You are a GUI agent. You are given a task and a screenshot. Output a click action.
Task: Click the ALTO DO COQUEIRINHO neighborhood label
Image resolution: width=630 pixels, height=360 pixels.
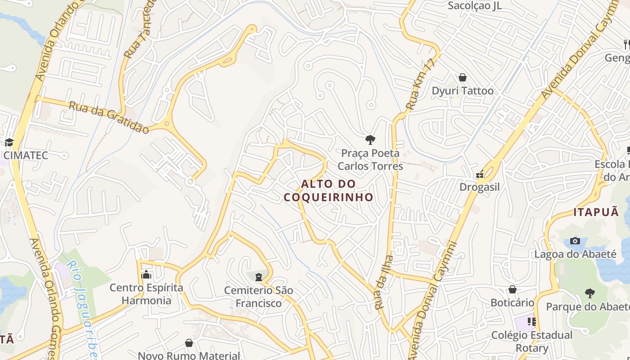pos(328,190)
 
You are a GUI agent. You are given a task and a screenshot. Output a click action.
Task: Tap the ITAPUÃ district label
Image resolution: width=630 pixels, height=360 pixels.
pos(596,212)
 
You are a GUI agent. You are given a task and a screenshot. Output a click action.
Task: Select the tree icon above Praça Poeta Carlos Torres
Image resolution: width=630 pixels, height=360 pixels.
pos(370,139)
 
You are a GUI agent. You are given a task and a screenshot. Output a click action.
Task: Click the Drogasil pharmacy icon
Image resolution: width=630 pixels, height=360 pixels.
pos(480,174)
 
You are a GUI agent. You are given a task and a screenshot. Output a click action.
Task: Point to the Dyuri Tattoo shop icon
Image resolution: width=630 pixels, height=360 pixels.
pos(462,77)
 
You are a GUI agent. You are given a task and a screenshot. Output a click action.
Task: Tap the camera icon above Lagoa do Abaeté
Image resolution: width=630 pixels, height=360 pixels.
pos(575,241)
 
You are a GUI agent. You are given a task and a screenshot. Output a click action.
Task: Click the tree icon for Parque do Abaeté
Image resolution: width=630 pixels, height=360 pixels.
pos(589,293)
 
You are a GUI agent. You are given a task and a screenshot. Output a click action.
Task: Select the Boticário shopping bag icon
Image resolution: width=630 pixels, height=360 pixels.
pos(512,289)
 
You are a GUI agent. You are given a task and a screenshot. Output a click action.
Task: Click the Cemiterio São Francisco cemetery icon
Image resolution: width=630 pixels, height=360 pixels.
pos(259,277)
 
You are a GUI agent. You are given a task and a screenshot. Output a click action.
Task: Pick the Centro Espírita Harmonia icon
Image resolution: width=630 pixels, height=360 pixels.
pos(146,274)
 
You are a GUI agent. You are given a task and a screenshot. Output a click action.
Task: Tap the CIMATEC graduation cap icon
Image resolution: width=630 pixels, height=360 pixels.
pos(9,143)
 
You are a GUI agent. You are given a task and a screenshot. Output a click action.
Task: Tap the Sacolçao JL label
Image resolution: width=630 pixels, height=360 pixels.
pos(475,6)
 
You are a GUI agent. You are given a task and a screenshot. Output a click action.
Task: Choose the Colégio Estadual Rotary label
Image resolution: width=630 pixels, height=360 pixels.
pos(531,342)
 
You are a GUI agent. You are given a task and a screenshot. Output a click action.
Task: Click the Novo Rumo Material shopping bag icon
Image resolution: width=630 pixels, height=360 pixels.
pos(189,343)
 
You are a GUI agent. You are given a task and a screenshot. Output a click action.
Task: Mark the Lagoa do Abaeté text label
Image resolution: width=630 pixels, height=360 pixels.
pos(575,254)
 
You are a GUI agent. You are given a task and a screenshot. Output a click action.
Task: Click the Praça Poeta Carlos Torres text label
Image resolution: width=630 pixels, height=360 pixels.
pos(370,160)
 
